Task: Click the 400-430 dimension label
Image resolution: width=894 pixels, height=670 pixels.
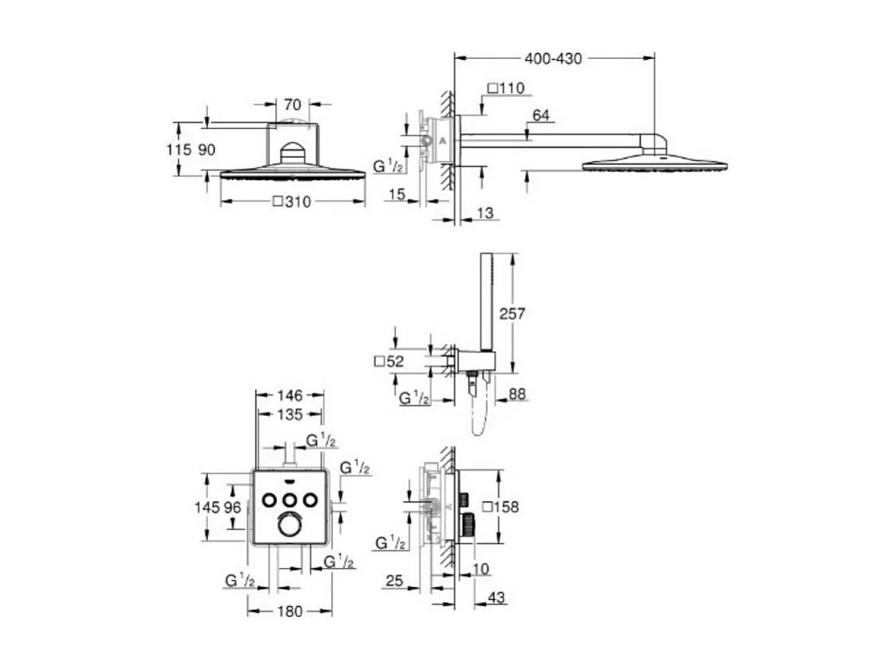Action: [554, 58]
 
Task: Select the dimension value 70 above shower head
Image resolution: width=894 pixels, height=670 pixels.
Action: [292, 104]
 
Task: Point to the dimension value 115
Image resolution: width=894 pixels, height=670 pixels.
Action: [180, 149]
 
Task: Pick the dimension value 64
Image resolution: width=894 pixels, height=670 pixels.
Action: [541, 116]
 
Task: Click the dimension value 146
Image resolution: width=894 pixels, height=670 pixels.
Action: [291, 395]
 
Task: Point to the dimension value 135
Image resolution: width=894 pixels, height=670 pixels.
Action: [291, 414]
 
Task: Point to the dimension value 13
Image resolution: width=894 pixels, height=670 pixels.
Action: [484, 213]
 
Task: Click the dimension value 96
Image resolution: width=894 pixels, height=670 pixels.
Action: [232, 507]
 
